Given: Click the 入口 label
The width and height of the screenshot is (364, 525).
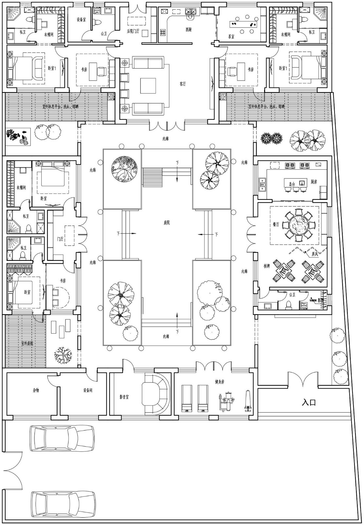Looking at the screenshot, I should click(x=309, y=402).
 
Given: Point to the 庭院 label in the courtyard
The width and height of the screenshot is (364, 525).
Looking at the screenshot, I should click(x=167, y=223).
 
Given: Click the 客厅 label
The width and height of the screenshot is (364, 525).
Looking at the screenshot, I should click(x=183, y=84).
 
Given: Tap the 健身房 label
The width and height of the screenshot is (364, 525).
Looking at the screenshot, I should click(x=219, y=382).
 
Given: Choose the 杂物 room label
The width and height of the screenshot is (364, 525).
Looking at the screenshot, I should click(x=36, y=390).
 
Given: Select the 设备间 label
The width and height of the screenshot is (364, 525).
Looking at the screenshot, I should click(x=88, y=390).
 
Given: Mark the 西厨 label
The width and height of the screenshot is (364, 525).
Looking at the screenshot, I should click(x=188, y=30).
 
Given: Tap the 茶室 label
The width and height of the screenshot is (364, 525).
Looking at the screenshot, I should click(x=231, y=37).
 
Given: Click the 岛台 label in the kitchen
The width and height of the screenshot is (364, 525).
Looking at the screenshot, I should click(x=292, y=185).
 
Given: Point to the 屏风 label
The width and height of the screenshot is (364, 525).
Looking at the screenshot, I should click(x=314, y=254).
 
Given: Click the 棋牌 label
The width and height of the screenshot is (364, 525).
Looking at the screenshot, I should click(x=266, y=266).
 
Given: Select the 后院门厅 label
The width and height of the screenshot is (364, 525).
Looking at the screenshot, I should click(x=133, y=31).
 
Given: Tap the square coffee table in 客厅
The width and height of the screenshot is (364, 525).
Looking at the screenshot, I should click(x=148, y=86).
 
